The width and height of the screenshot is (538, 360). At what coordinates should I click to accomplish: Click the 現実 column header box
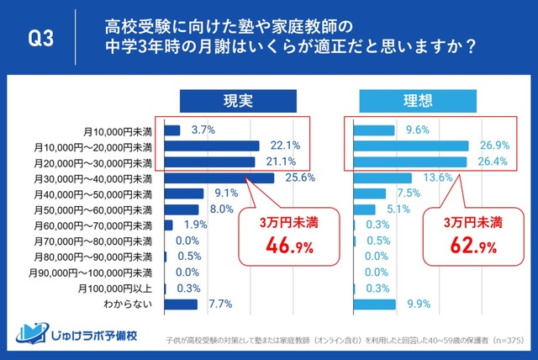225,100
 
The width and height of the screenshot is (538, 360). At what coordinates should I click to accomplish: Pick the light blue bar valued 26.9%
410,146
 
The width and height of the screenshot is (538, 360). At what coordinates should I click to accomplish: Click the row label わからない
127,304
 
